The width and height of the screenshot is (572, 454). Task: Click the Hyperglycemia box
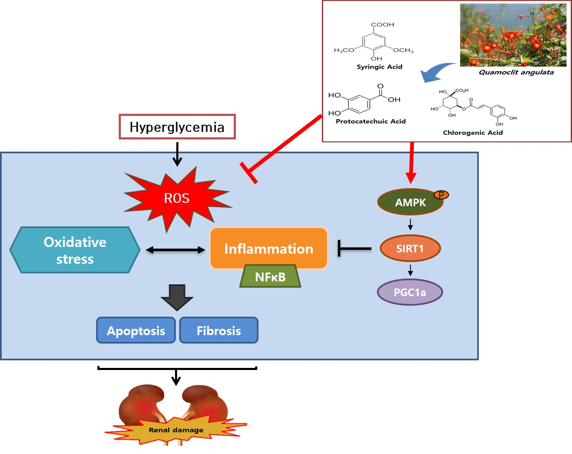pyautogui.click(x=177, y=127)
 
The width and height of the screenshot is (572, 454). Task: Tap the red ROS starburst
pyautogui.click(x=177, y=198)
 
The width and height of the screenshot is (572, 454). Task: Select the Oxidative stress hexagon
pyautogui.click(x=75, y=250)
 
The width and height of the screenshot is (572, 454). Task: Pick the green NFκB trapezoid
pyautogui.click(x=270, y=277)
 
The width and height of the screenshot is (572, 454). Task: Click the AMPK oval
pyautogui.click(x=410, y=202)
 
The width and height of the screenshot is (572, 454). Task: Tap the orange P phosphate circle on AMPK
pyautogui.click(x=441, y=194)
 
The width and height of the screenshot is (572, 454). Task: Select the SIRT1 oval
pyautogui.click(x=410, y=249)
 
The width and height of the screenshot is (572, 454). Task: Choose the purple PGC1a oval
pyautogui.click(x=410, y=292)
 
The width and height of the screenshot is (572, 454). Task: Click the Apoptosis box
pyautogui.click(x=136, y=331)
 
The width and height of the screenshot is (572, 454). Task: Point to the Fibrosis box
pyautogui.click(x=219, y=331)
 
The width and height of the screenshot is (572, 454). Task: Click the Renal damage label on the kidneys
pyautogui.click(x=176, y=430)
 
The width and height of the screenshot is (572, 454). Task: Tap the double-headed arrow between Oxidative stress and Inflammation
pyautogui.click(x=175, y=250)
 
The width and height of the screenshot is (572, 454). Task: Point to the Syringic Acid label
pyautogui.click(x=379, y=67)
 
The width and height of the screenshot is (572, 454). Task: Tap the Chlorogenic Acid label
pyautogui.click(x=473, y=133)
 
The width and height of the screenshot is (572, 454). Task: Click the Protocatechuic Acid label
pyautogui.click(x=371, y=121)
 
